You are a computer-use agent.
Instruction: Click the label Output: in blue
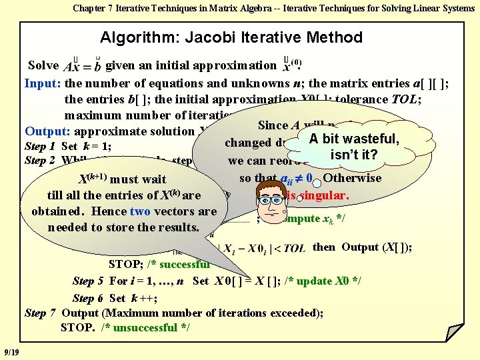pos(48,131)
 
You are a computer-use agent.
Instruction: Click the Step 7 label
pos(41,313)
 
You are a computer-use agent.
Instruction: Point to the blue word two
pos(140,211)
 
